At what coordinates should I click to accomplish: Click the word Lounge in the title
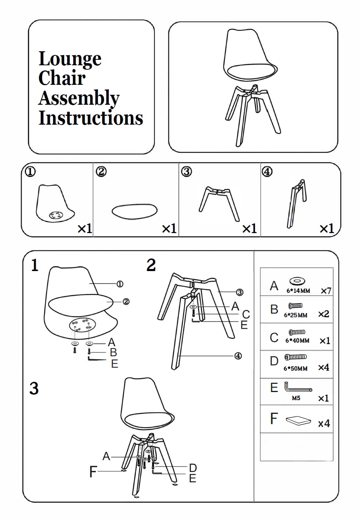coord(70,59)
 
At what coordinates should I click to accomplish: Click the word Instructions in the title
coord(91,118)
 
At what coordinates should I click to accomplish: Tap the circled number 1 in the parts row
coord(30,171)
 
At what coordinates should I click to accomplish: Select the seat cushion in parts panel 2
coord(134,211)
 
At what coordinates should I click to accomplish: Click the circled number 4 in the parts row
coord(267,171)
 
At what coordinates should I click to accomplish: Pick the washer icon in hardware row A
coord(297,281)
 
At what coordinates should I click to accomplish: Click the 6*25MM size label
coord(296,315)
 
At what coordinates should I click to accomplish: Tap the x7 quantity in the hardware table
coord(326,291)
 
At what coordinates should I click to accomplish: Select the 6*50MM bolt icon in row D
coord(296,357)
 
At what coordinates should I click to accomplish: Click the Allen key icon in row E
coord(298,388)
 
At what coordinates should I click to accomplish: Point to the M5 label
coord(296,398)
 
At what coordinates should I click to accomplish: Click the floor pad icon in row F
coord(298,420)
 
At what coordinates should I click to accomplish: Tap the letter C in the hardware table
coord(274,337)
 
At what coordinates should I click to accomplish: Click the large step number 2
coord(151,265)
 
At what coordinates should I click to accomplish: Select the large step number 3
coord(34,388)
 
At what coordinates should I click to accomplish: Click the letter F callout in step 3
coord(93,471)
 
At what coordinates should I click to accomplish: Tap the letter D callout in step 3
coord(193,468)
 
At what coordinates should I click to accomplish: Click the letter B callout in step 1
coord(113,352)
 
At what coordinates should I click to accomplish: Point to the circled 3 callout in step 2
coord(240,292)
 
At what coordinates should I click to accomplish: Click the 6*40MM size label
coord(297,341)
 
